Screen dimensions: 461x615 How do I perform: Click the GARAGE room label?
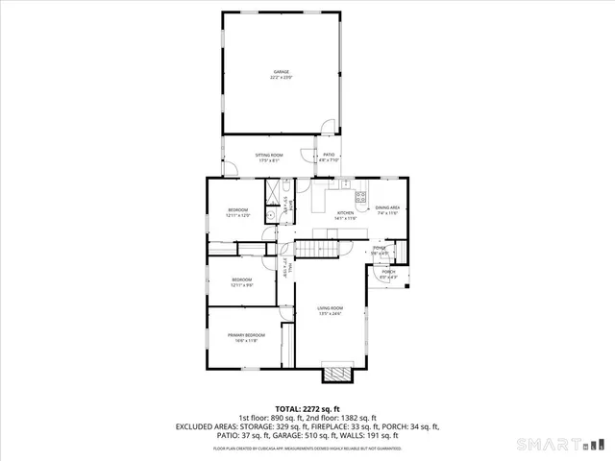[281, 71]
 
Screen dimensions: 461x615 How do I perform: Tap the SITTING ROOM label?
[268, 155]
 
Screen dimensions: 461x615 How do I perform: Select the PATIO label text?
[329, 155]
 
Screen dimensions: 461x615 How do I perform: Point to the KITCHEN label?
[345, 213]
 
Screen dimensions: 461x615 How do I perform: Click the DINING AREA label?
[387, 207]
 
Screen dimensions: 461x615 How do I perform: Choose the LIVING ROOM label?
[331, 308]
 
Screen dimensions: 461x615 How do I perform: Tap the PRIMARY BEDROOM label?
[246, 335]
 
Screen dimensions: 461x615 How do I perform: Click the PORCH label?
[388, 272]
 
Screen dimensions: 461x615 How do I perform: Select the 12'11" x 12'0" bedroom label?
[237, 210]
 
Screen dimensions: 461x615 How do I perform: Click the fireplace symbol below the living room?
[336, 373]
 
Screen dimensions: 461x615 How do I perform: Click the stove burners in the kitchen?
[361, 197]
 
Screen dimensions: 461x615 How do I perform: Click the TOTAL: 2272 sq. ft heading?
[307, 408]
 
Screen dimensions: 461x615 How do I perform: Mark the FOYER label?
[381, 248]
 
